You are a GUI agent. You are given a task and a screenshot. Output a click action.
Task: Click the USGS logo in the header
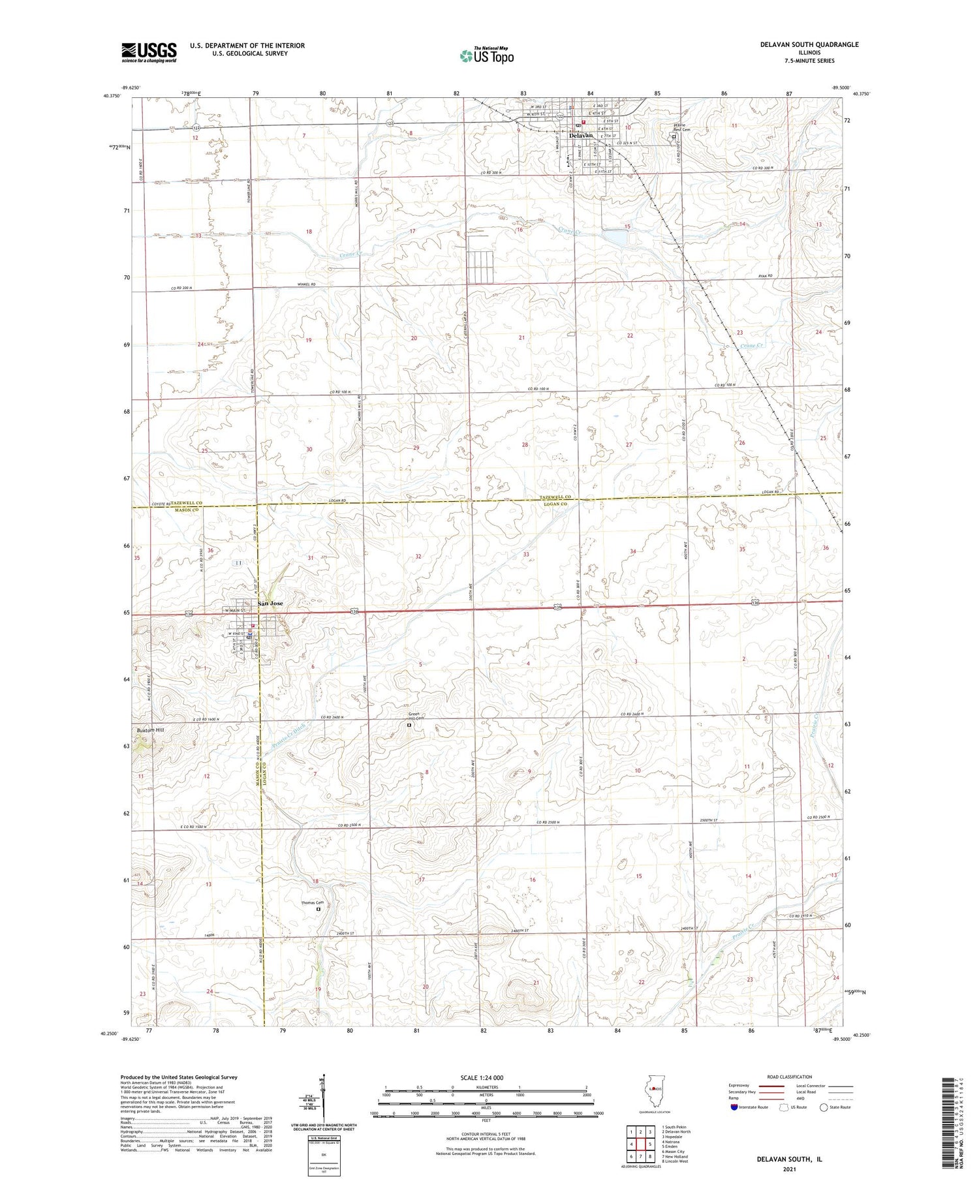149,52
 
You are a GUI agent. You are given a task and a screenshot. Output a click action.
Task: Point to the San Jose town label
270,604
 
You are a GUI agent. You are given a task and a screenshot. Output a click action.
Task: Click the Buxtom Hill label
151,730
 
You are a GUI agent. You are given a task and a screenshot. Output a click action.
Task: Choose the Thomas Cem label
312,902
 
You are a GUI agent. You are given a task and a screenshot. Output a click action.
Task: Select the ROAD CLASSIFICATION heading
790,1077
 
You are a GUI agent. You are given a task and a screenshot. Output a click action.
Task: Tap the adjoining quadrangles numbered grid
641,1139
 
